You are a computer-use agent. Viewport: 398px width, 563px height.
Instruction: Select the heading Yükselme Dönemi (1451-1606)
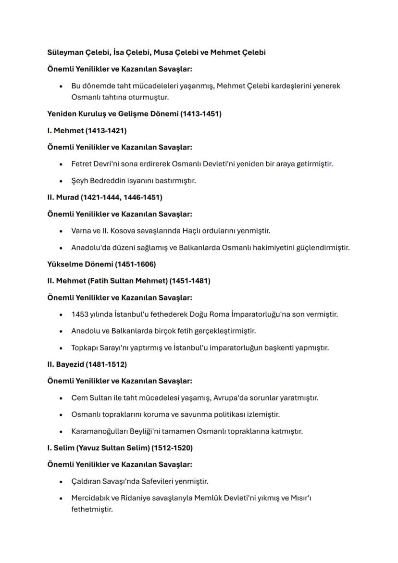(101, 264)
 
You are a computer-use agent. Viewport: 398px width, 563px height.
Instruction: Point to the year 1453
(80, 314)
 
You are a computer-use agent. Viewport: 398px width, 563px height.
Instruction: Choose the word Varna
(81, 231)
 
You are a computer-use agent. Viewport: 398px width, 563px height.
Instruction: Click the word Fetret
(82, 164)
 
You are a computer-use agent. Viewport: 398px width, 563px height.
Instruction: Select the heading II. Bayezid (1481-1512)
(87, 364)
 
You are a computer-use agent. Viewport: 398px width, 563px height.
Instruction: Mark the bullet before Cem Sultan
(61, 398)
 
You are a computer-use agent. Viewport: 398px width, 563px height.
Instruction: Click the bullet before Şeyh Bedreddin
(61, 181)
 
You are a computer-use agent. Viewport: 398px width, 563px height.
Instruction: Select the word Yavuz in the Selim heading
(88, 448)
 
